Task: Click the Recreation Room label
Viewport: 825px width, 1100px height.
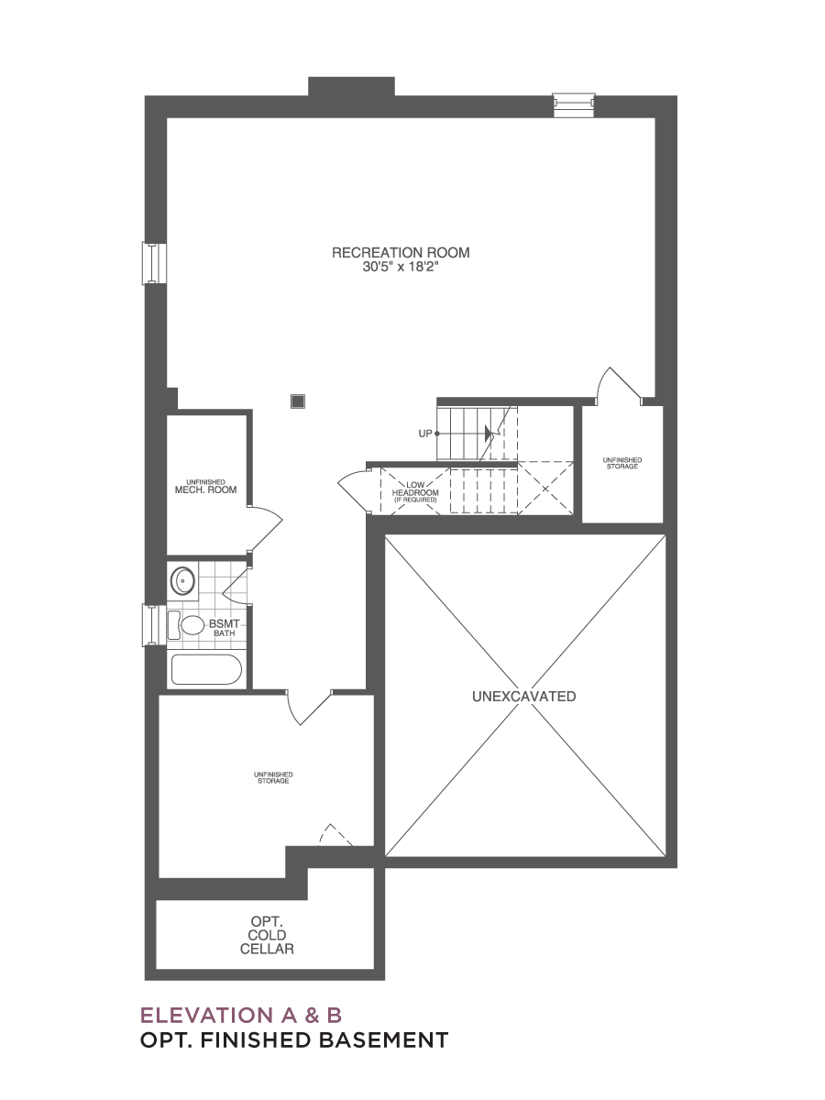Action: pos(401,253)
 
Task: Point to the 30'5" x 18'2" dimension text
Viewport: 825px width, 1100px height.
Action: pos(401,267)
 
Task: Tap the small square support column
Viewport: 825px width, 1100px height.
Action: pos(298,401)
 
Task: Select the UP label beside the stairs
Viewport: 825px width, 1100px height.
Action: pos(425,434)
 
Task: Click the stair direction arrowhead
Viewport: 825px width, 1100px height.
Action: pos(489,434)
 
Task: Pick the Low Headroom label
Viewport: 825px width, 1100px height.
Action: pos(415,492)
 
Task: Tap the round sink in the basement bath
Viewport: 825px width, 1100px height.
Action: pos(182,581)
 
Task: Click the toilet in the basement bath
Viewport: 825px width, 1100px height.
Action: pos(186,625)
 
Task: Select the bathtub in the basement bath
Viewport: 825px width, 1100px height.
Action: pos(206,669)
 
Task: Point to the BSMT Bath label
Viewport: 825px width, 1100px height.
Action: pos(225,628)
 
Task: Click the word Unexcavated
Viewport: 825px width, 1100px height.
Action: pos(524,696)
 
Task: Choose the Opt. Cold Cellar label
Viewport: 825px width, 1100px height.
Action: pos(267,935)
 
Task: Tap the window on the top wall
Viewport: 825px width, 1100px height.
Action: pos(574,105)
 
